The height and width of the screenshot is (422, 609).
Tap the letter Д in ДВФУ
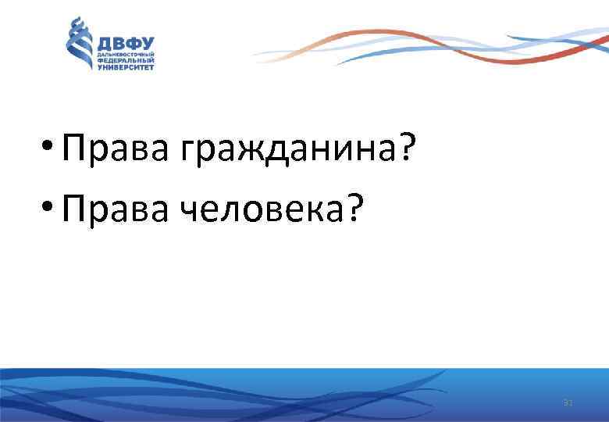click(104, 43)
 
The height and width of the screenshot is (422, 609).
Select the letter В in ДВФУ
click(119, 43)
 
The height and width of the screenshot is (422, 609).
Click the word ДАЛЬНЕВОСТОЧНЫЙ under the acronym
click(125, 55)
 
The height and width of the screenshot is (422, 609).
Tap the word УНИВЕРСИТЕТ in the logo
click(125, 67)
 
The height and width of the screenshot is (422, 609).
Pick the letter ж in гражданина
click(244, 148)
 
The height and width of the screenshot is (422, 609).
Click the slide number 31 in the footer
click(568, 403)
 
